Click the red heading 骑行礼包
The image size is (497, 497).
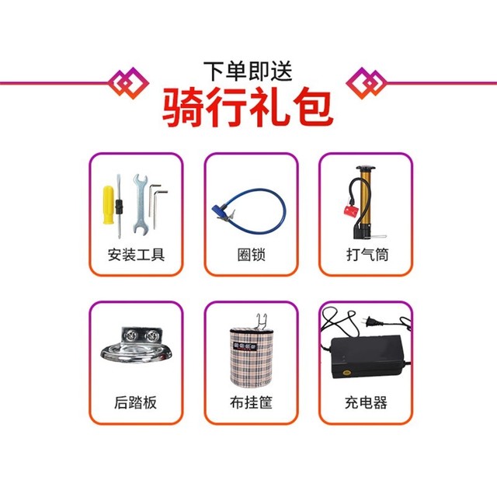[248, 107]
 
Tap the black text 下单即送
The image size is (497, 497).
[248, 71]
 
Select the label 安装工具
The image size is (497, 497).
[137, 255]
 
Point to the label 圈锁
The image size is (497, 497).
[252, 255]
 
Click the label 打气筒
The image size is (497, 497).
[367, 255]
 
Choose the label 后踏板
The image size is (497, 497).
[135, 402]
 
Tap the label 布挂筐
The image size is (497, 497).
[251, 402]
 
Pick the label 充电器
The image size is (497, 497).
[366, 402]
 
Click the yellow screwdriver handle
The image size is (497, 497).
[108, 205]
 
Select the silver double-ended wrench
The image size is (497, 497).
[139, 203]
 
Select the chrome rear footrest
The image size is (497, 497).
[137, 346]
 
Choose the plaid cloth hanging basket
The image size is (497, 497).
[251, 357]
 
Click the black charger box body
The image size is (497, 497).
[368, 357]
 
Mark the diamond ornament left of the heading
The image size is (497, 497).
[128, 83]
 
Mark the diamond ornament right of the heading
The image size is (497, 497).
[366, 83]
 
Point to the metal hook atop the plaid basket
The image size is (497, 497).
[261, 321]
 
